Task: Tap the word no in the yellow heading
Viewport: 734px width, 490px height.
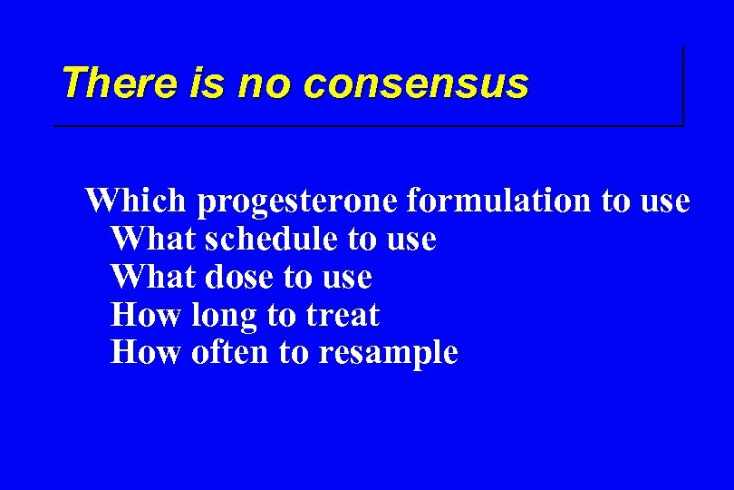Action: click(266, 83)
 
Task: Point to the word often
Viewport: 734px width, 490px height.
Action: click(231, 352)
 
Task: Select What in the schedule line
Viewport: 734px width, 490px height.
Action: click(154, 239)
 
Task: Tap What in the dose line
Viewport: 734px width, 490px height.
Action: click(154, 277)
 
